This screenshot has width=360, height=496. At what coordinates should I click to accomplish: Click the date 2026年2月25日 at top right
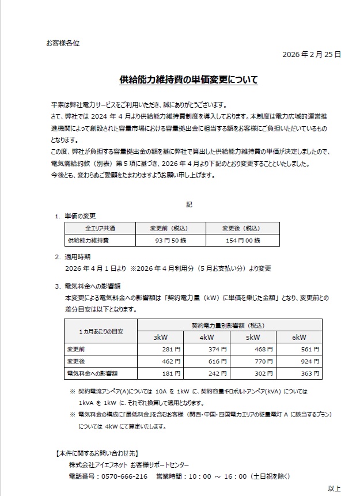(312, 54)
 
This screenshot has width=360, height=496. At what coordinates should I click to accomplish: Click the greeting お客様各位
(63, 43)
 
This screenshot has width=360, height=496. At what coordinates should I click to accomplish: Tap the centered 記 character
(189, 205)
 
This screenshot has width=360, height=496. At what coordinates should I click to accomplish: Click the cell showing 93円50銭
(170, 240)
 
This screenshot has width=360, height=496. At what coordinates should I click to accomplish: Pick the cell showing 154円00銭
(242, 240)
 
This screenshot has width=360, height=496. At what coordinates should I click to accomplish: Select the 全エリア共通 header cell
(100, 228)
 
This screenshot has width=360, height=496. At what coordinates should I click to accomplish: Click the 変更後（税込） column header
(242, 228)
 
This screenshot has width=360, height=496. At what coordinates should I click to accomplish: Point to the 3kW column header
(160, 337)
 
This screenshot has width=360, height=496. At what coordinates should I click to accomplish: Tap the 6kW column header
(299, 337)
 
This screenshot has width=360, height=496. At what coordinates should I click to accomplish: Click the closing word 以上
(335, 489)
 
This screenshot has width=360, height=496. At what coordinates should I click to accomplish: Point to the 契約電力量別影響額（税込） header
(229, 325)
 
